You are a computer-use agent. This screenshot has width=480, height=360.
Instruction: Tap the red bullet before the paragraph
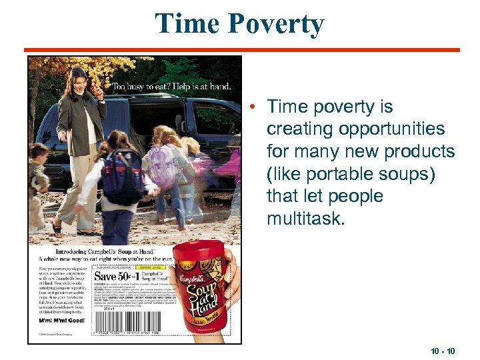tap(256, 107)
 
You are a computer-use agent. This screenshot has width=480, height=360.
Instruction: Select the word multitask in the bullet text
tap(305, 218)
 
